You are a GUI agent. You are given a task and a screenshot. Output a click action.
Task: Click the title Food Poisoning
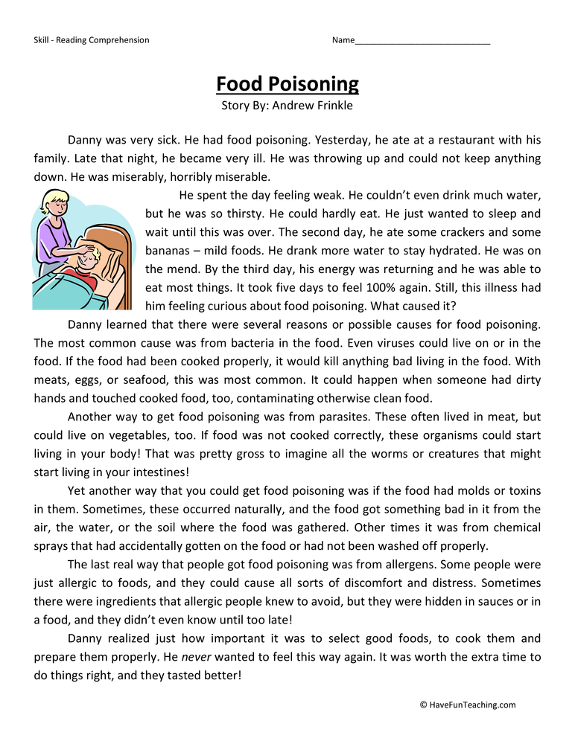pos(287,83)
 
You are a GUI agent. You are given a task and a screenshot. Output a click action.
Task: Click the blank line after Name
pos(422,40)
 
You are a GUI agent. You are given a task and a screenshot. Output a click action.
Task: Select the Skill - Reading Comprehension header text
pos(92,40)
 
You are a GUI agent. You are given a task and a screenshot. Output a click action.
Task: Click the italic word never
pos(197,657)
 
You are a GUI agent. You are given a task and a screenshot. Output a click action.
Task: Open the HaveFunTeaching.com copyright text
pos(468,705)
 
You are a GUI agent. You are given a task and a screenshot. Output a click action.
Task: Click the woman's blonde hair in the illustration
pos(54,200)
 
